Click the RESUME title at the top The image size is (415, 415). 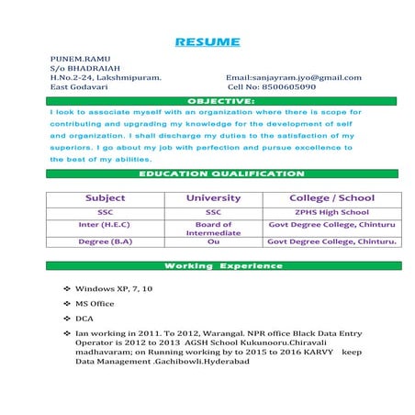pyautogui.click(x=207, y=42)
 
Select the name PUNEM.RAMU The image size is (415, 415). pyautogui.click(x=80, y=59)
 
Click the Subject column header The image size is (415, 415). pyautogui.click(x=105, y=197)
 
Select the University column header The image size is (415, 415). pyautogui.click(x=213, y=197)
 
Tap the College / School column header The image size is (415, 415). pyautogui.click(x=331, y=197)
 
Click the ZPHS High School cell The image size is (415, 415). pyautogui.click(x=331, y=211)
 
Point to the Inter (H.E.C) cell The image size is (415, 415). pyautogui.click(x=105, y=224)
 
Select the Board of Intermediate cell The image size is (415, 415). pyautogui.click(x=213, y=229)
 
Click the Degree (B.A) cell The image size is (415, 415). pyautogui.click(x=105, y=241)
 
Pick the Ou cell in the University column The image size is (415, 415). pyautogui.click(x=213, y=241)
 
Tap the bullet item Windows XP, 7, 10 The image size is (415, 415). pyautogui.click(x=114, y=288)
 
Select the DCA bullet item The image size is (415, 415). pyautogui.click(x=84, y=319)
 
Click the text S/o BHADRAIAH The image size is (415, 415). pyautogui.click(x=85, y=68)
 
